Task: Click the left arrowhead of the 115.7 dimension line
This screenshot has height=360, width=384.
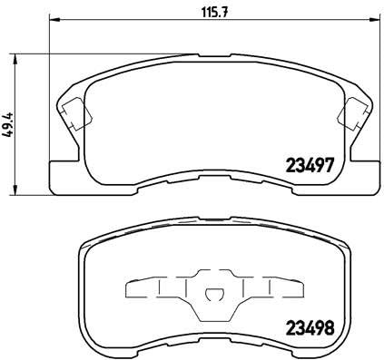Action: [50, 20]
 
